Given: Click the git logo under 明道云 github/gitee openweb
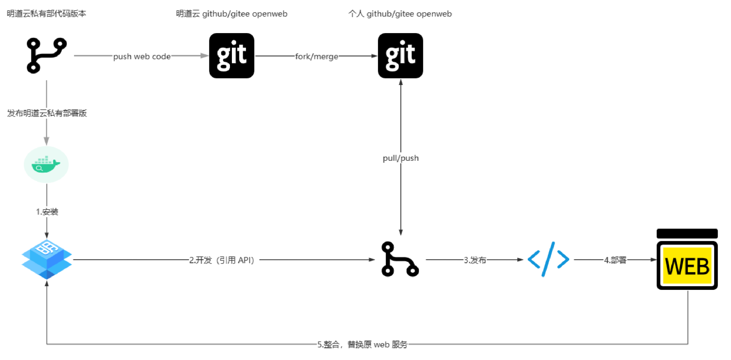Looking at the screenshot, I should coord(231,56).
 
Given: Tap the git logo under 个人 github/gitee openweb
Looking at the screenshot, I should coord(400,56).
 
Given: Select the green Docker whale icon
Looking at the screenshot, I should coord(46,165).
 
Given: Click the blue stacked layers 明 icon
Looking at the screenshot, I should coord(46,259).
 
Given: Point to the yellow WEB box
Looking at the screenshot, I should coord(687,266).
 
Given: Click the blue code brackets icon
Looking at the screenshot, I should coord(548,259).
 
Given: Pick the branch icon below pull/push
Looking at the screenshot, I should coord(400,259).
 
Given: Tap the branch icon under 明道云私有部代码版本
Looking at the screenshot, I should coord(46,55).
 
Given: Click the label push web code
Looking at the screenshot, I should coord(142,56).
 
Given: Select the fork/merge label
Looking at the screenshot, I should coord(316,56).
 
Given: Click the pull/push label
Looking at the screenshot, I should coord(401,158).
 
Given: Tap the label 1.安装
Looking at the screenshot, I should coord(47,212).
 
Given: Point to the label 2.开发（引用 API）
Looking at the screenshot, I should coord(222,260).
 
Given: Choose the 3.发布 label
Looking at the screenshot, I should coord(475,260).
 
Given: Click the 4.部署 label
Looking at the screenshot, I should coord(615,260).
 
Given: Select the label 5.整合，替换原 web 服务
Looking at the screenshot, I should coord(362,345).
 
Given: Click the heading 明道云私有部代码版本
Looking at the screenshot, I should coord(46,14).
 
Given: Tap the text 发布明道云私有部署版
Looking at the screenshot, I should coord(47,113).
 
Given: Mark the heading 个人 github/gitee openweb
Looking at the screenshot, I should coord(400,14).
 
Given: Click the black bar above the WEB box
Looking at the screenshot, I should coord(687,234).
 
